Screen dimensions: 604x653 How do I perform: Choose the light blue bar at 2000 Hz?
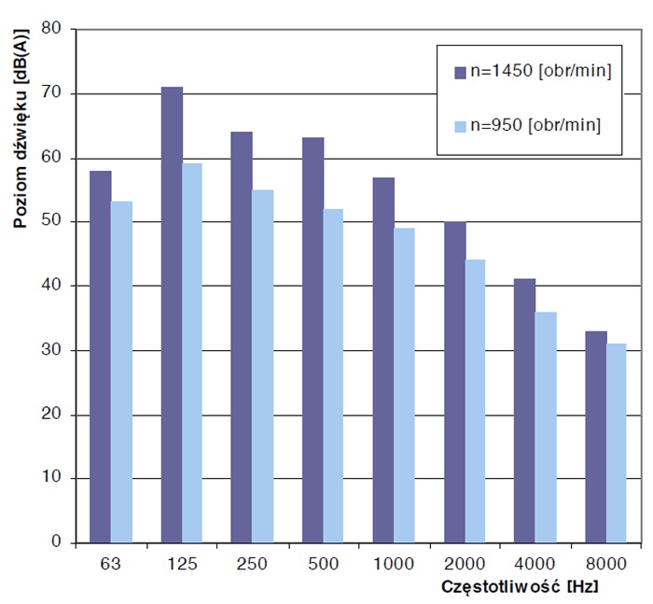[475, 400]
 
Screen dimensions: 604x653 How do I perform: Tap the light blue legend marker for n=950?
[459, 124]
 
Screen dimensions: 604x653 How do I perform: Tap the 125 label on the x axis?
[182, 565]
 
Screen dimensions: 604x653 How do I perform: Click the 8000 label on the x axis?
[605, 565]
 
